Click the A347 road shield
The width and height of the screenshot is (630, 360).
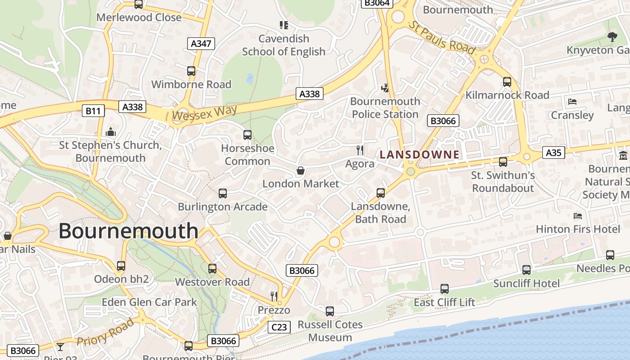pyautogui.click(x=201, y=43)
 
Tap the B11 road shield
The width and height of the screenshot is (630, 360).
pyautogui.click(x=93, y=111)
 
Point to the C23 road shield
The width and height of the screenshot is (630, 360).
pyautogui.click(x=279, y=327)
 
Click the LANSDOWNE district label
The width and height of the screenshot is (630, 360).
pyautogui.click(x=419, y=155)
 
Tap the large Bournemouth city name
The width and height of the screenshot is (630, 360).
pyautogui.click(x=128, y=231)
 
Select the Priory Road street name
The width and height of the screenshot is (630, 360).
pyautogui.click(x=105, y=332)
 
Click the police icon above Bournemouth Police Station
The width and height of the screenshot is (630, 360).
pyautogui.click(x=385, y=88)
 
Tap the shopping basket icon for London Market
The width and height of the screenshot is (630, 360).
pyautogui.click(x=300, y=171)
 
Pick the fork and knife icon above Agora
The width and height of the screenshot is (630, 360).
pyautogui.click(x=360, y=150)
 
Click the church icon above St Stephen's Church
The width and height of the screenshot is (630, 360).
pyautogui.click(x=110, y=132)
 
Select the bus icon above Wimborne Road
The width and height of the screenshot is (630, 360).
pyautogui.click(x=191, y=71)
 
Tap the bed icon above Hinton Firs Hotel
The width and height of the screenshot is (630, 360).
pyautogui.click(x=578, y=216)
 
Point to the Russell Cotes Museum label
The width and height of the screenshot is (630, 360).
pyautogui.click(x=330, y=331)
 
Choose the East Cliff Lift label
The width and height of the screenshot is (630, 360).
pyautogui.click(x=444, y=302)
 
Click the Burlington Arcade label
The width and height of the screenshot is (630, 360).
pyautogui.click(x=222, y=207)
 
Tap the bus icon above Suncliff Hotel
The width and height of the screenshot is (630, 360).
pyautogui.click(x=526, y=270)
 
